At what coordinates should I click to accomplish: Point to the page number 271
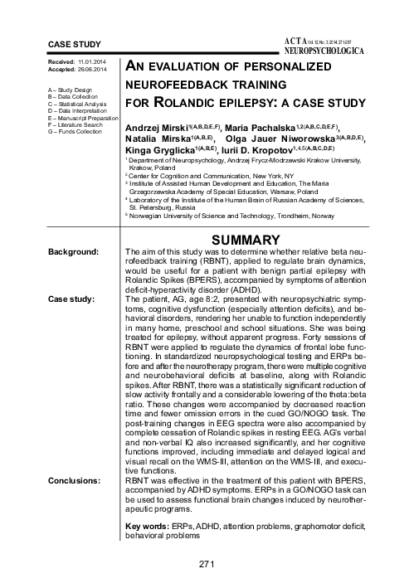tap(207, 564)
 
